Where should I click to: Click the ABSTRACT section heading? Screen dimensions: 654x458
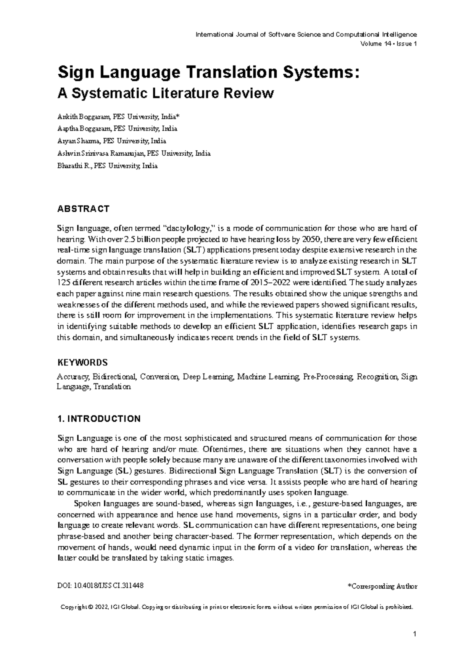click(x=83, y=209)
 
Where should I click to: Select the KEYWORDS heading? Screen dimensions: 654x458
click(x=82, y=362)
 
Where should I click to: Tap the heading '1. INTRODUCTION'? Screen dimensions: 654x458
click(x=98, y=419)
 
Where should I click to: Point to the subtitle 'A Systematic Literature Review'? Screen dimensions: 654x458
click(x=165, y=93)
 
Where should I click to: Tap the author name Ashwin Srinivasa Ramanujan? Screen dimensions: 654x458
click(x=101, y=153)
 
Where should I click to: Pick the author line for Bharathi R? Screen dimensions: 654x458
click(x=107, y=166)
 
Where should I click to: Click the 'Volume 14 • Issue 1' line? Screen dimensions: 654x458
click(x=388, y=43)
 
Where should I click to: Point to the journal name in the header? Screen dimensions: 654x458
click(x=306, y=34)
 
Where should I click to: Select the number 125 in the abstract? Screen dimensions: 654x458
click(x=62, y=283)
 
